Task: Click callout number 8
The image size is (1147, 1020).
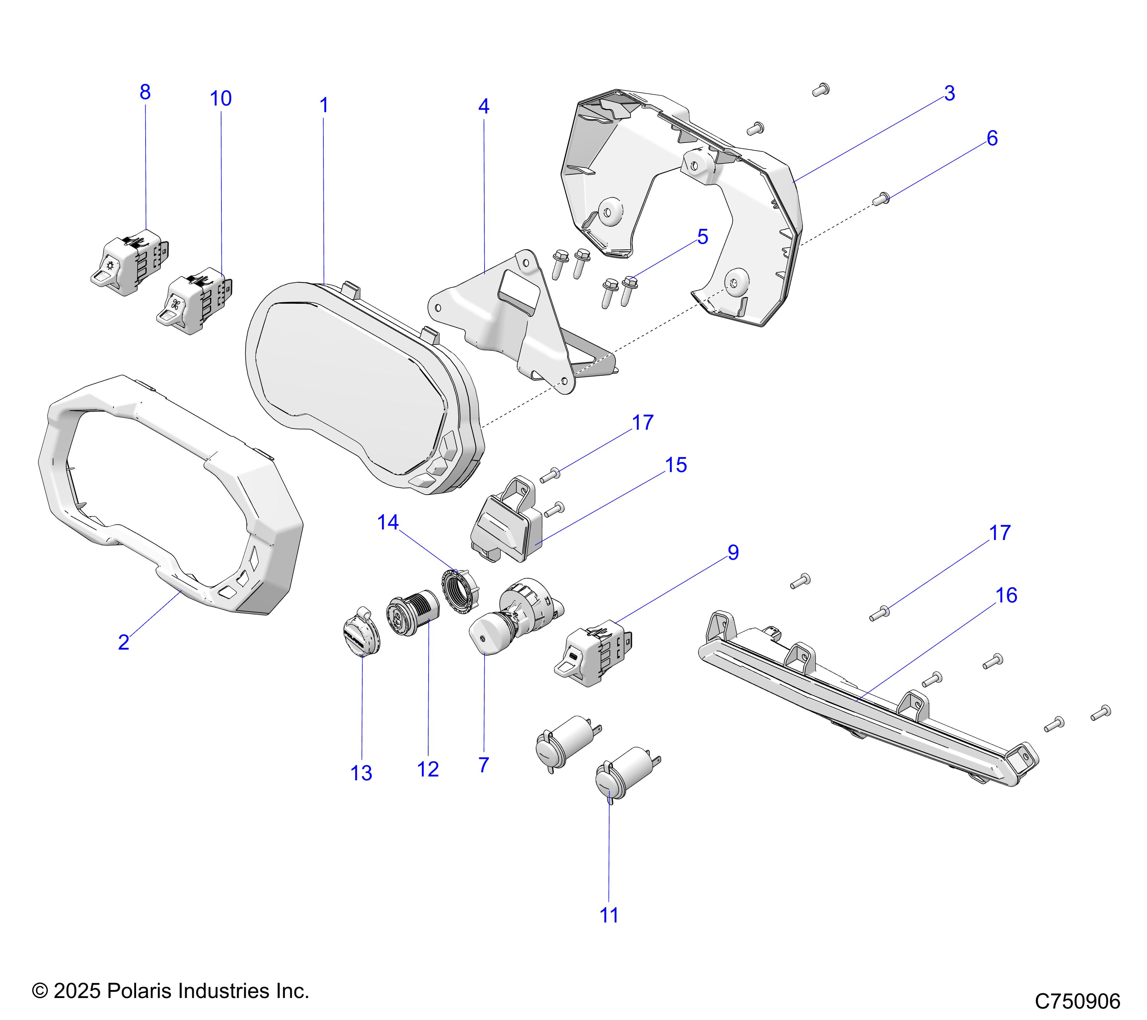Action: (145, 92)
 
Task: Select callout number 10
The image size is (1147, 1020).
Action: (220, 99)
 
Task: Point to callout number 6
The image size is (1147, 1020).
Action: (992, 139)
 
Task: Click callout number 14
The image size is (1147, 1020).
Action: (388, 523)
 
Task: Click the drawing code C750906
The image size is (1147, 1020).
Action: (1077, 1001)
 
